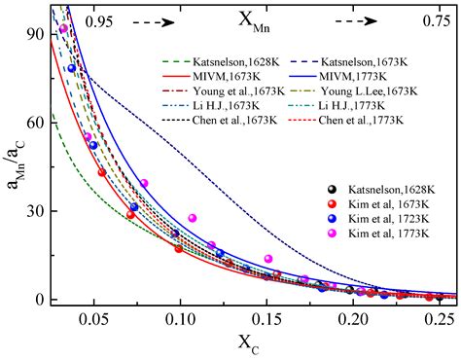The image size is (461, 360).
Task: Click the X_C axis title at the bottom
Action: pyautogui.click(x=245, y=344)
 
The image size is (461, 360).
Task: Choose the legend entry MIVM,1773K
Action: pyautogui.click(x=355, y=73)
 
